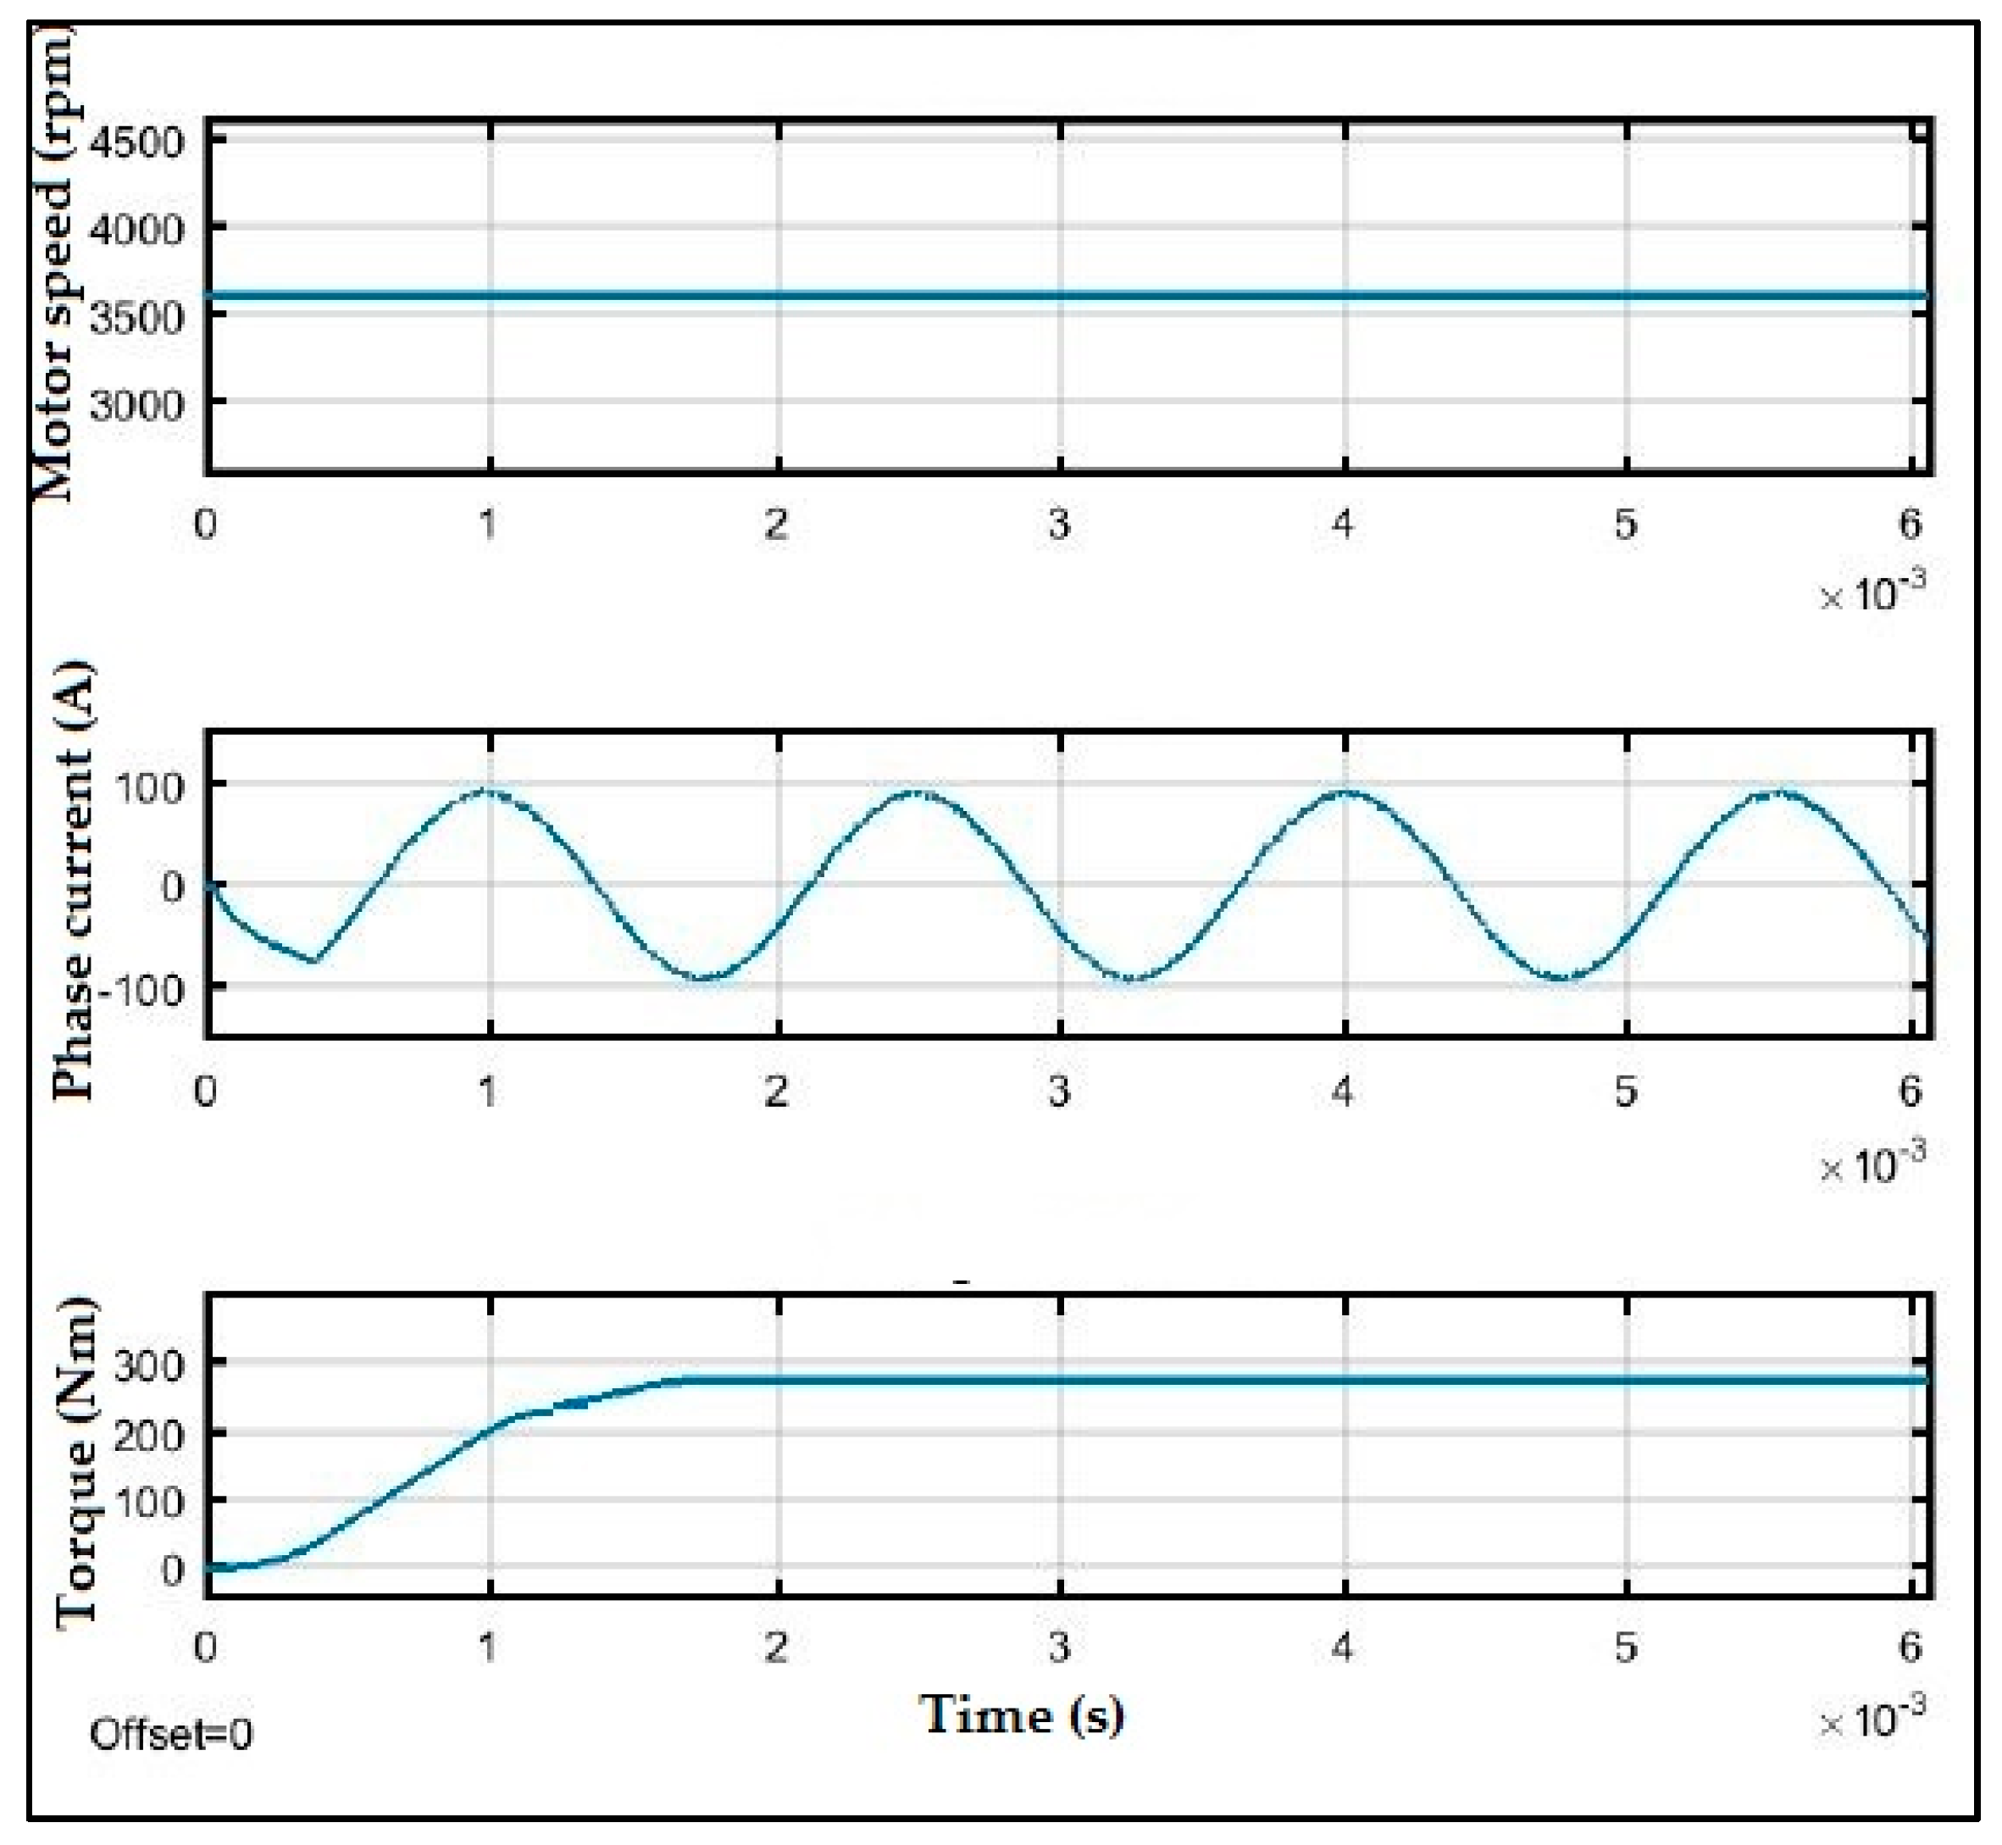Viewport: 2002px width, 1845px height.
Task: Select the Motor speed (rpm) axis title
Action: tap(55, 264)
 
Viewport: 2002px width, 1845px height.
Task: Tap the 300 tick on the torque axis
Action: tap(150, 1364)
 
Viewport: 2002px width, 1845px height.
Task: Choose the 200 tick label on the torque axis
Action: tap(150, 1435)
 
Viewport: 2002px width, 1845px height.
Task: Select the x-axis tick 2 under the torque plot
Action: tap(776, 1648)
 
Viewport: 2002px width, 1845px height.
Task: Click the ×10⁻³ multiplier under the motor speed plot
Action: tap(1871, 591)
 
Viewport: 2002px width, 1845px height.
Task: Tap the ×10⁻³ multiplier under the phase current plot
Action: tap(1871, 1160)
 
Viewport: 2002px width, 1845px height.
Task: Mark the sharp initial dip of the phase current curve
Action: tap(314, 960)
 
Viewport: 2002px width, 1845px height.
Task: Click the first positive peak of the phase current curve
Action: tap(486, 792)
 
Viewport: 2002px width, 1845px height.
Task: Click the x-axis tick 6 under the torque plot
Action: tap(1909, 1648)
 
